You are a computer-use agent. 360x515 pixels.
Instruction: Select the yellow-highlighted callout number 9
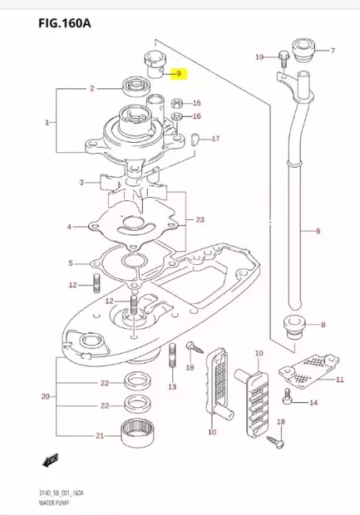coord(177,75)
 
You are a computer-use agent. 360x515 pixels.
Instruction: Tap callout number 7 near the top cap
coord(333,51)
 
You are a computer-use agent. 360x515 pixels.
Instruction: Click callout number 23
coord(200,220)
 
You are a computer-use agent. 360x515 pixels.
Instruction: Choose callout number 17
coord(215,138)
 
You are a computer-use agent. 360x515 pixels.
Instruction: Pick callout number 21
coord(100,435)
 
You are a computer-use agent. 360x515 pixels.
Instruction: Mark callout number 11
coord(339,380)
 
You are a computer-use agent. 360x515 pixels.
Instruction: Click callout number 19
coord(259,56)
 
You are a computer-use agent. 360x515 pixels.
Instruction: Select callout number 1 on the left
coord(48,122)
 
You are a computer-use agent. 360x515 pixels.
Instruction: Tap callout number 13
coord(171,387)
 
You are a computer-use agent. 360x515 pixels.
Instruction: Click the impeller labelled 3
coord(125,184)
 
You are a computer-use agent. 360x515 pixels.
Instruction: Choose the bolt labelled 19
coord(283,57)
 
